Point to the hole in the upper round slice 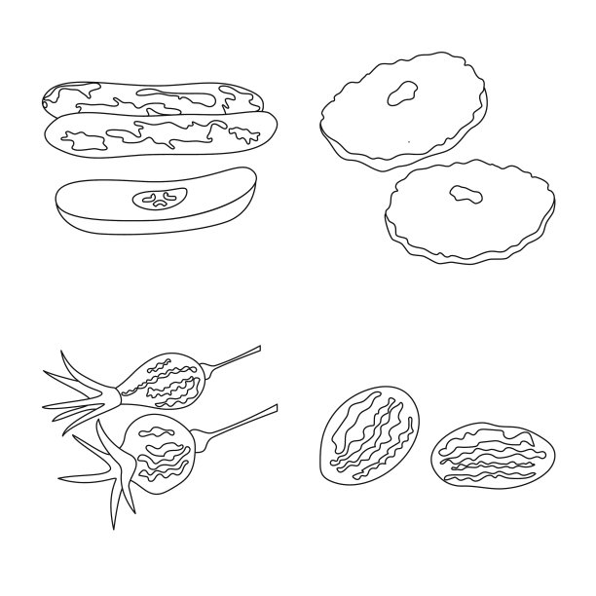coord(402,93)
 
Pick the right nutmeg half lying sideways coord(493,454)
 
